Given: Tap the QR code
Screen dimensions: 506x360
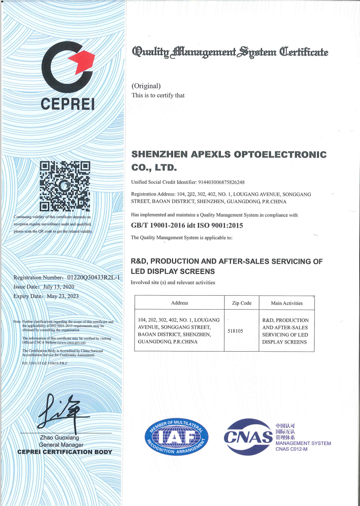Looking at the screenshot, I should [65, 186].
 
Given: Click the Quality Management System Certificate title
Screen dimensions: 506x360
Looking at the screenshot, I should [230, 52].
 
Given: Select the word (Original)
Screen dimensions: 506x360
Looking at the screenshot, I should [146, 86].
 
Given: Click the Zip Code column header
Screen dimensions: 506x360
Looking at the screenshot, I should [242, 303].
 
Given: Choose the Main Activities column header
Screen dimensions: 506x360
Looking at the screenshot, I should [286, 303].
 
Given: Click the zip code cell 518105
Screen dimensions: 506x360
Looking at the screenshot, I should [236, 331].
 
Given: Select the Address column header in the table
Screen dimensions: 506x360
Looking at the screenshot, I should [180, 303].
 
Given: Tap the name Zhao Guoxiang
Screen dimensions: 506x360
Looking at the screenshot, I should [59, 438].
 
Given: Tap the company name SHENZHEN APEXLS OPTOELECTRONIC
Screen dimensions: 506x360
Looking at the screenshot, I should [229, 154].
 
